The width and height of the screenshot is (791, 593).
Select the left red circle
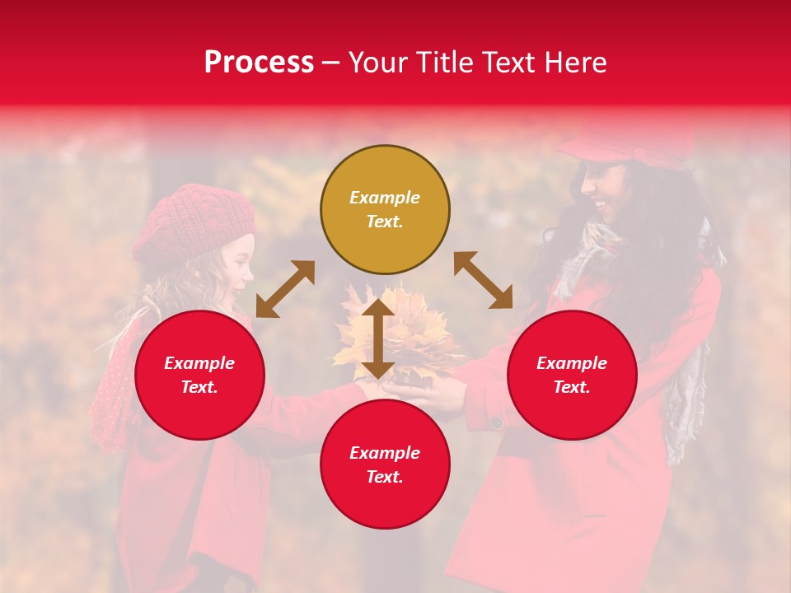[x=199, y=375]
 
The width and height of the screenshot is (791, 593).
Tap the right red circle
[x=572, y=375]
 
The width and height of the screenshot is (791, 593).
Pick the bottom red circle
[x=385, y=465]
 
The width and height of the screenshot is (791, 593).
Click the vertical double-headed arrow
[x=377, y=339]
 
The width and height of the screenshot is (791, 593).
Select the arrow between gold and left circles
[x=285, y=288]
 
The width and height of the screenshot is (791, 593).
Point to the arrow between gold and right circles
[x=483, y=280]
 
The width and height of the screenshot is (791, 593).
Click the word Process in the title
[x=259, y=62]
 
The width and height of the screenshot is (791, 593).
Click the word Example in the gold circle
[x=385, y=198]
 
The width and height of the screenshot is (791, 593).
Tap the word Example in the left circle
[x=199, y=363]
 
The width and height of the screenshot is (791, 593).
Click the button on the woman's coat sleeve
[x=497, y=423]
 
